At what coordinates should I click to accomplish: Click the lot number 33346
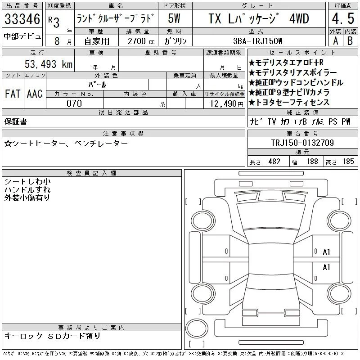22,19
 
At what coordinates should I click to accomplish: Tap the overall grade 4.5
343,18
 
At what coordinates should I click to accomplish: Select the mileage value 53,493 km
49,64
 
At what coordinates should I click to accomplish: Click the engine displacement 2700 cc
141,41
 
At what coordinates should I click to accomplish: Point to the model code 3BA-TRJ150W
257,41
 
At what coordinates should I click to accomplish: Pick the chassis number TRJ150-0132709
302,143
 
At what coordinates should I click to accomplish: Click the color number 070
74,103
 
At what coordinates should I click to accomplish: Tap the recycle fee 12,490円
227,104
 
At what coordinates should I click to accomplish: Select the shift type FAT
13,94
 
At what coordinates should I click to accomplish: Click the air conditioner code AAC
35,94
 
